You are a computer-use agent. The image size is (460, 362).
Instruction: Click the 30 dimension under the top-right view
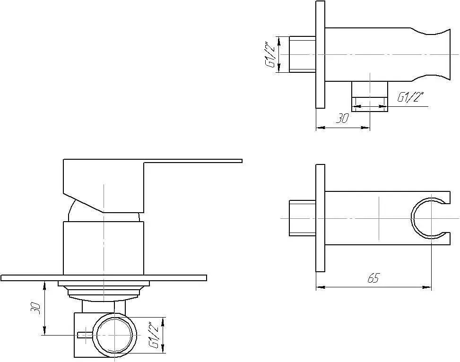342,118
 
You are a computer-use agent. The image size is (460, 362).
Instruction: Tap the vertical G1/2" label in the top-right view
270,55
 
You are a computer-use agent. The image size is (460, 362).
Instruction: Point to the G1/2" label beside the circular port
154,335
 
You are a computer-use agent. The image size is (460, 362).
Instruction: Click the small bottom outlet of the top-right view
370,96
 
